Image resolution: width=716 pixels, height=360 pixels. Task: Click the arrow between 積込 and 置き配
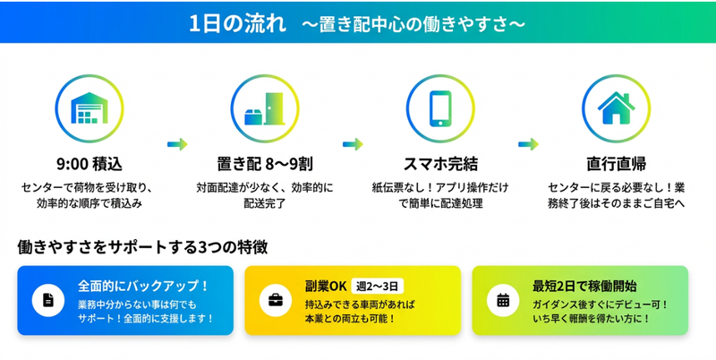coord(177,142)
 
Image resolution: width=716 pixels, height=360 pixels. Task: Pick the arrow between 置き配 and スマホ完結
coord(352,142)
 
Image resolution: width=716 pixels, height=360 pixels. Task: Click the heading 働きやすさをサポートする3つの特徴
coord(142,246)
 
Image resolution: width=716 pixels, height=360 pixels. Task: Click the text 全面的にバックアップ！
coord(142,287)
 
